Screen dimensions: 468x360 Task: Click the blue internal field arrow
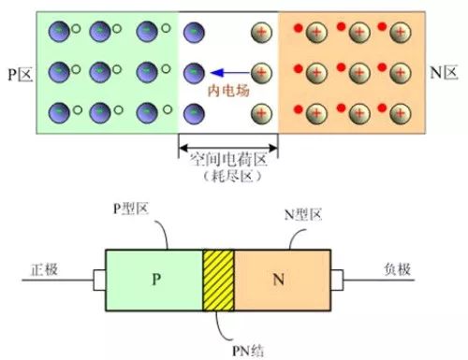[x=230, y=73]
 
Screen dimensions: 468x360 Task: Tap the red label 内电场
[x=228, y=91]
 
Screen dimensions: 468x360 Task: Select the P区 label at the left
[x=20, y=75]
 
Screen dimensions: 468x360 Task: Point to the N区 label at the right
[x=444, y=73]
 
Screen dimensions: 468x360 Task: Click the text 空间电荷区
[x=229, y=160]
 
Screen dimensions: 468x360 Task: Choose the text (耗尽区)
[x=231, y=177]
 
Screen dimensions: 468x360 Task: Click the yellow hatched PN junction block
[x=218, y=281]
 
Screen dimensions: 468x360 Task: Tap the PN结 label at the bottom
[x=248, y=351]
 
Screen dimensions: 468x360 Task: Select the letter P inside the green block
[x=156, y=279]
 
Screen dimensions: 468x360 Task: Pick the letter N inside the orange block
[x=279, y=280]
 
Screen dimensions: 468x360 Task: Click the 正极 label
[x=44, y=269]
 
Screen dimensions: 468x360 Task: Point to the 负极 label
[x=397, y=269]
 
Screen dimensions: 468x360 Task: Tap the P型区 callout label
[x=130, y=209]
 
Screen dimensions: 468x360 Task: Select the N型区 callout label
[x=303, y=215]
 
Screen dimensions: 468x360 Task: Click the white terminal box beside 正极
[x=99, y=281]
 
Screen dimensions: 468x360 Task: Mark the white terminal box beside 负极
[x=337, y=281]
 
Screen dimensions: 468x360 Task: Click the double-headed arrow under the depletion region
[x=228, y=148]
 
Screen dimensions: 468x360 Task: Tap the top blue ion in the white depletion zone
[x=194, y=33]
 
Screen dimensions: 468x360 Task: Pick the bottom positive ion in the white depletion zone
[x=261, y=114]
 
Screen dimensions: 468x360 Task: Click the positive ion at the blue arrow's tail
[x=261, y=73]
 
